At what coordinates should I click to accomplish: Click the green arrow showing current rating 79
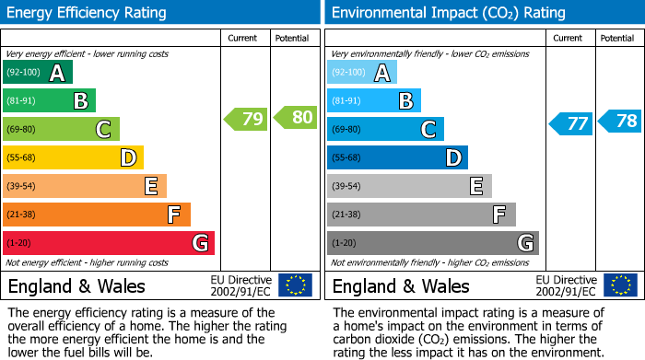coord(245,119)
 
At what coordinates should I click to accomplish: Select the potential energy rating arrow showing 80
coord(295,118)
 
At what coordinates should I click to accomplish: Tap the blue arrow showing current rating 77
coord(570,123)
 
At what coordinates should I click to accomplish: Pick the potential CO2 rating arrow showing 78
coord(620,122)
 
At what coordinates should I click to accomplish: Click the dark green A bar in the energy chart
coord(37,73)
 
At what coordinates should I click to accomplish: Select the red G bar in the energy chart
coord(108,243)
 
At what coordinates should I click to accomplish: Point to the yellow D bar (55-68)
coord(73,158)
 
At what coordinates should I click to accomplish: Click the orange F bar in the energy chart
coord(96,215)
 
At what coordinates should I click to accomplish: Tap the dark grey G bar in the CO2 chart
coord(432,243)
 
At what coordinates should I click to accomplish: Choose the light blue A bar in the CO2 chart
coord(361,73)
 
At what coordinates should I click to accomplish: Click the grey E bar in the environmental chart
coord(408,186)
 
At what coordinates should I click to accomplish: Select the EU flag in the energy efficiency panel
coord(295,285)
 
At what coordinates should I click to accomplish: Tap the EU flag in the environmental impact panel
coord(619,285)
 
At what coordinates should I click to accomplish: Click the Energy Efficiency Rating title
coord(88,13)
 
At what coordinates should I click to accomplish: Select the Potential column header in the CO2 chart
coord(616,38)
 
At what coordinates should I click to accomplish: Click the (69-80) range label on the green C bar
coord(22,130)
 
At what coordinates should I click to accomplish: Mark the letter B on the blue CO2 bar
coord(405,101)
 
